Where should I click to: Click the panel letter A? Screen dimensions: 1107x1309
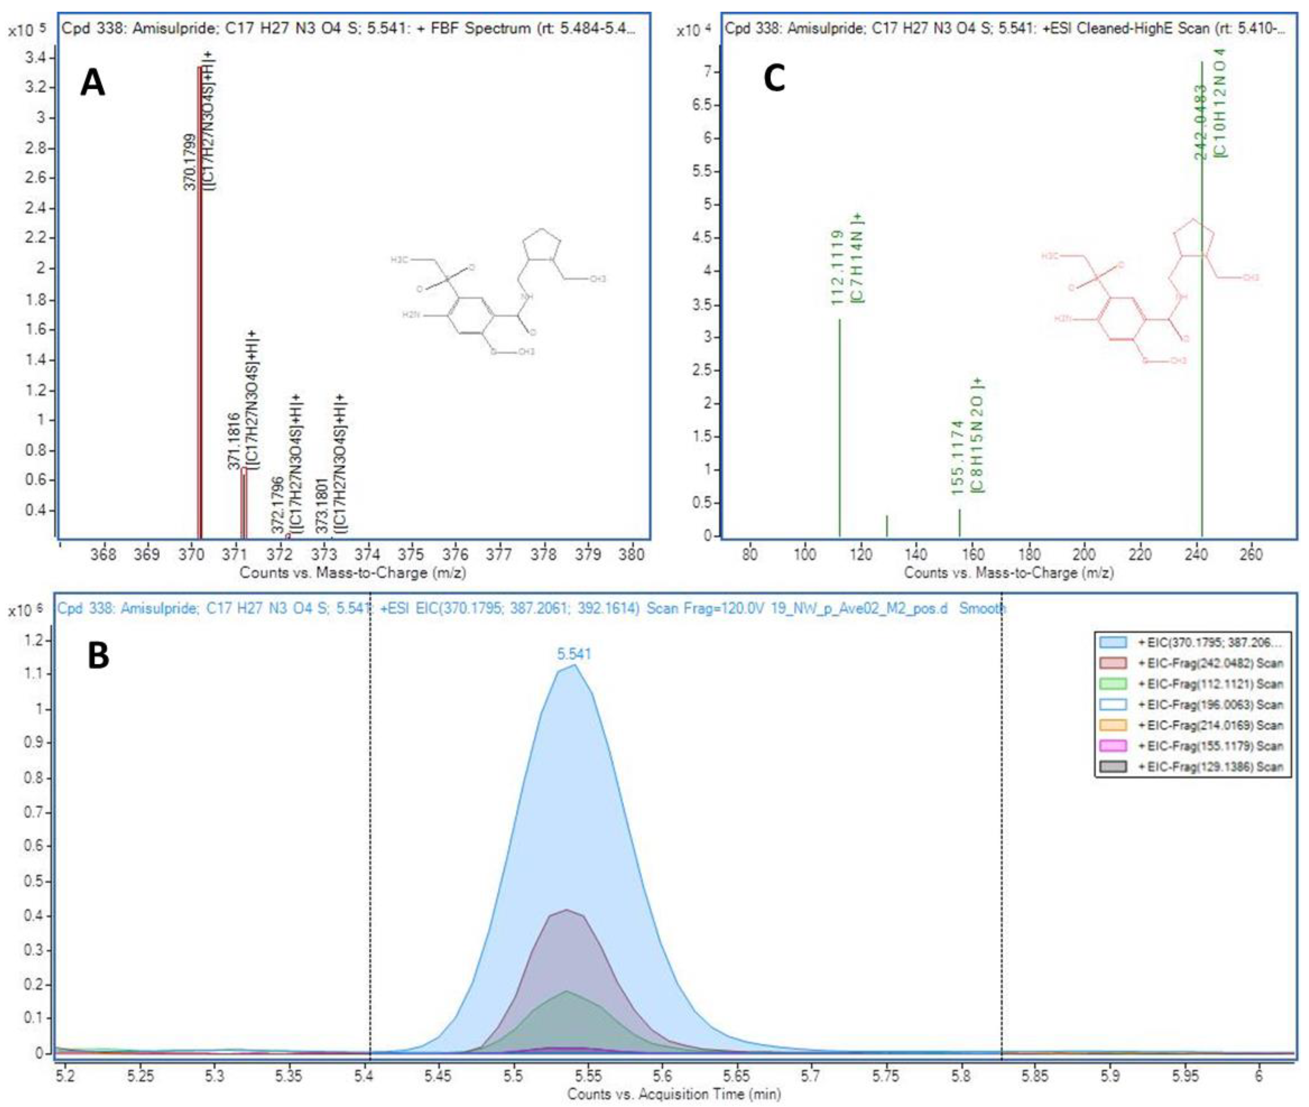coord(92,84)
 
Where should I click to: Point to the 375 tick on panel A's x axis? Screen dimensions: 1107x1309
coord(411,554)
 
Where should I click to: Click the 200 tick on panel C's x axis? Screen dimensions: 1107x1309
coord(1084,554)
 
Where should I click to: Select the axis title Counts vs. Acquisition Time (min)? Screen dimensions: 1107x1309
coord(674,1094)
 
